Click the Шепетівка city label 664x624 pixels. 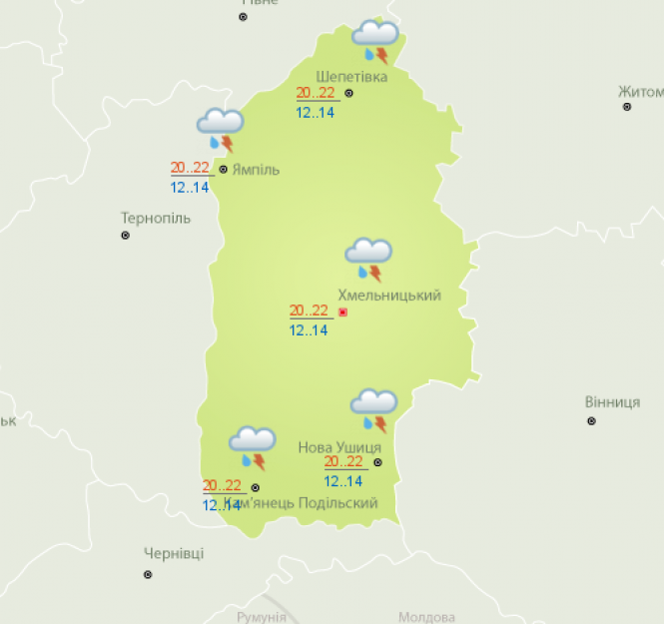coord(351,77)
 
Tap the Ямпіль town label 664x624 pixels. coord(256,170)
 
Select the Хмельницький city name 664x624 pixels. coord(389,296)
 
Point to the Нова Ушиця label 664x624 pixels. coord(339,447)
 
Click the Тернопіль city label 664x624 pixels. coord(155,218)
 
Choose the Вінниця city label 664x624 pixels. coord(612,402)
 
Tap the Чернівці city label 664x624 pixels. coord(174,554)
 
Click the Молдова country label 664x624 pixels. coord(426,617)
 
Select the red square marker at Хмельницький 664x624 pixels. coord(343,312)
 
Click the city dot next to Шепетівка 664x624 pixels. coord(349,93)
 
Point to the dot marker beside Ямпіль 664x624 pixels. coord(223,170)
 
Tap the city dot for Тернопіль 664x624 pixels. coord(126,236)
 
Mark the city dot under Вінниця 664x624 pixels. coord(591,421)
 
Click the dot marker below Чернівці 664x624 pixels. coord(148,574)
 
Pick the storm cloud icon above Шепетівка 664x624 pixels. coord(375,41)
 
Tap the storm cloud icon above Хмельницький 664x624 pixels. coord(368,259)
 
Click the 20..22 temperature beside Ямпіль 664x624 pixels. coord(190,168)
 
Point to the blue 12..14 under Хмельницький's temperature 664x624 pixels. coord(309,330)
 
